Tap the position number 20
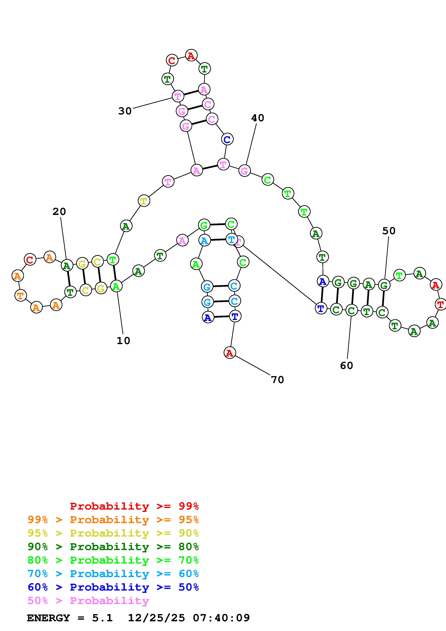[x=59, y=212]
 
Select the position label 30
[x=125, y=111]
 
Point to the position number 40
[x=257, y=118]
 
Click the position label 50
[x=389, y=231]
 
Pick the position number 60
[x=346, y=366]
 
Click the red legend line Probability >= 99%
[x=134, y=506]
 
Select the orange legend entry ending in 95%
[x=113, y=520]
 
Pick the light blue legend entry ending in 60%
[x=113, y=574]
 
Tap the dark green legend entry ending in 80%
[x=113, y=547]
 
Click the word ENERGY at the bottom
[x=48, y=618]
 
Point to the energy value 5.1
[x=102, y=618]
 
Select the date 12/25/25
[x=156, y=618]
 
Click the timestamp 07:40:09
[x=221, y=618]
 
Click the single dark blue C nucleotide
[x=227, y=139]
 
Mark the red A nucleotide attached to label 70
[x=229, y=353]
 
